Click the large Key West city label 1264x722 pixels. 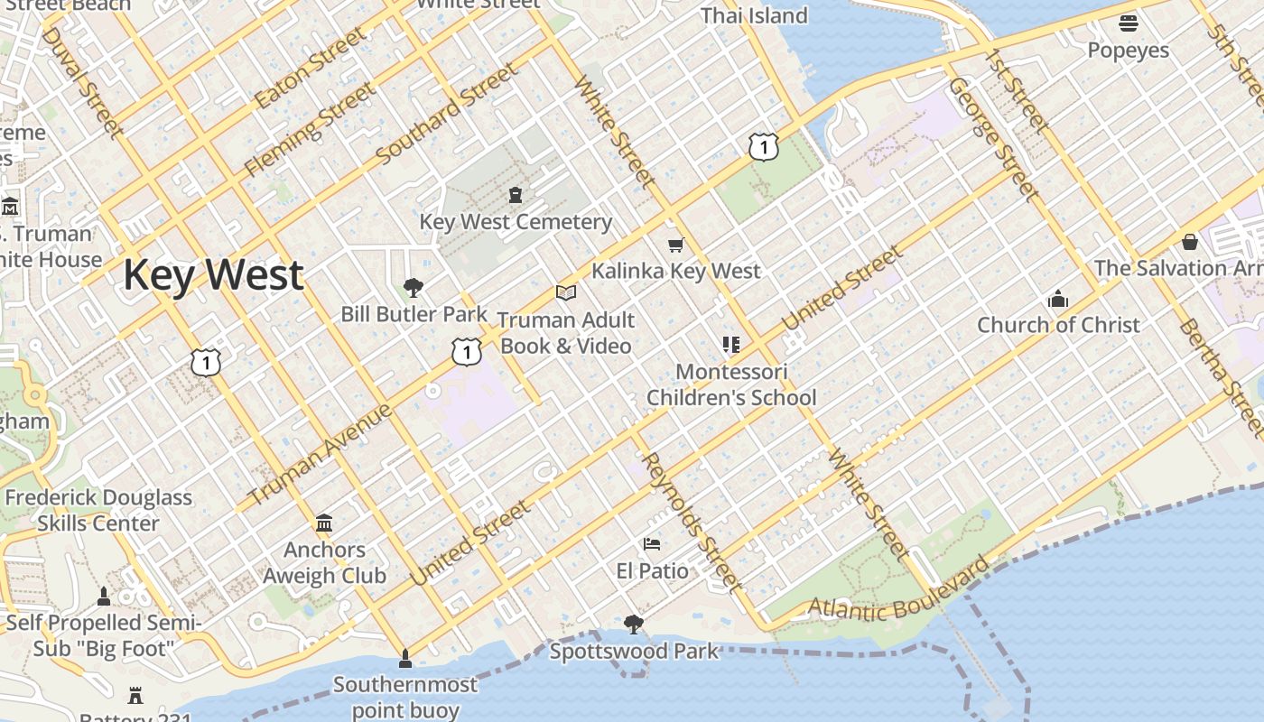tap(213, 274)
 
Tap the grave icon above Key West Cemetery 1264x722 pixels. tap(516, 195)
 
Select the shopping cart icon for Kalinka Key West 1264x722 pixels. tap(676, 245)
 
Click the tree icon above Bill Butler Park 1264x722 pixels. tap(414, 288)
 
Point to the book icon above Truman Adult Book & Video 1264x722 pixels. tap(566, 292)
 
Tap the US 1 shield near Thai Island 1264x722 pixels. tap(764, 146)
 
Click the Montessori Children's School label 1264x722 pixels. tap(731, 384)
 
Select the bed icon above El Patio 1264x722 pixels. tap(652, 544)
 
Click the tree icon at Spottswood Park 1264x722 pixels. tap(634, 624)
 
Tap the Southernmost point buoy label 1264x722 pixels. tap(405, 697)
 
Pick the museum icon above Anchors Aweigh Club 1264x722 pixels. tap(324, 523)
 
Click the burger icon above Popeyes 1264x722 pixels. tap(1129, 23)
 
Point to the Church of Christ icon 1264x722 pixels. tap(1058, 300)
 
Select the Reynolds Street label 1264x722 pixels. tap(693, 521)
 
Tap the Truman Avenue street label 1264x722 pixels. tap(321, 454)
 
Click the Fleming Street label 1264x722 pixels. tap(310, 129)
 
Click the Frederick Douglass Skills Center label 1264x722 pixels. tap(98, 510)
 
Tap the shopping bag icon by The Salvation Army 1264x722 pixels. tap(1190, 242)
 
